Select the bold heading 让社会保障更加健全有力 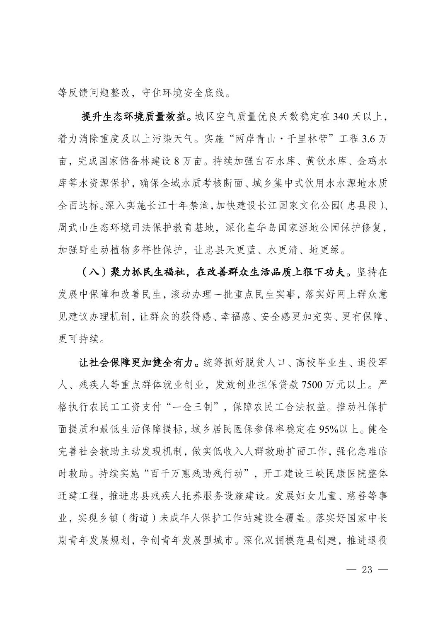coord(136,363)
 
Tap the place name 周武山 coord(73,228)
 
